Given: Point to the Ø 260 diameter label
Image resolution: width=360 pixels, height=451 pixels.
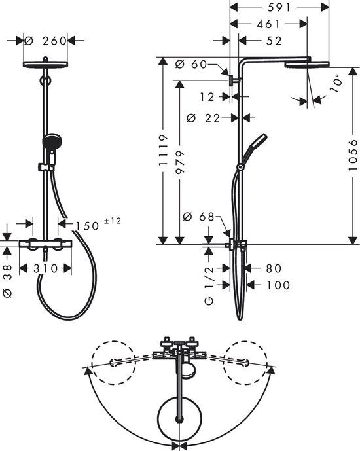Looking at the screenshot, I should (46, 41).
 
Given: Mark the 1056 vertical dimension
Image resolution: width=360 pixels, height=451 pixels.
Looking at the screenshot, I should (353, 155).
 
